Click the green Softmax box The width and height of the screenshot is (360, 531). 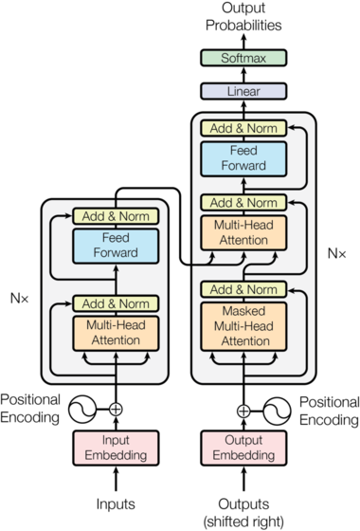(243, 58)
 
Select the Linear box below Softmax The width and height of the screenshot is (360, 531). (243, 91)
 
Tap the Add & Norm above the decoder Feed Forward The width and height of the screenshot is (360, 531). (243, 128)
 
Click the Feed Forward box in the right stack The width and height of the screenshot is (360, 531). (243, 159)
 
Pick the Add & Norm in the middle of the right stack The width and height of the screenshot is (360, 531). (243, 203)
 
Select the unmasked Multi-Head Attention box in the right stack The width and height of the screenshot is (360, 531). (243, 234)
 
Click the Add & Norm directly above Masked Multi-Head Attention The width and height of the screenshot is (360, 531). (243, 289)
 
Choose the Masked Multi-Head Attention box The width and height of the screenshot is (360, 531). (243, 326)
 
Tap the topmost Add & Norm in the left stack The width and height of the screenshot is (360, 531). (116, 216)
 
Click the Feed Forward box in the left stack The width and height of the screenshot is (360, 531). (116, 247)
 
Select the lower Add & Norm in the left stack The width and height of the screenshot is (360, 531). (116, 303)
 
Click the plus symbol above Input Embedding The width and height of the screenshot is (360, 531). (116, 410)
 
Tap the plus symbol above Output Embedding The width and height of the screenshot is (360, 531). (243, 411)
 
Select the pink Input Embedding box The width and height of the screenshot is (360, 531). (116, 448)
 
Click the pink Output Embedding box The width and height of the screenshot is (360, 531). (243, 448)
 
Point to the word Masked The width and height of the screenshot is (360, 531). (243, 312)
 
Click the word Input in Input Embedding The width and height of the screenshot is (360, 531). (116, 441)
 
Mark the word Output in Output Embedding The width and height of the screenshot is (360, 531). (243, 441)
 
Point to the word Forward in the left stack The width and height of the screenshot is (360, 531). (116, 253)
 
